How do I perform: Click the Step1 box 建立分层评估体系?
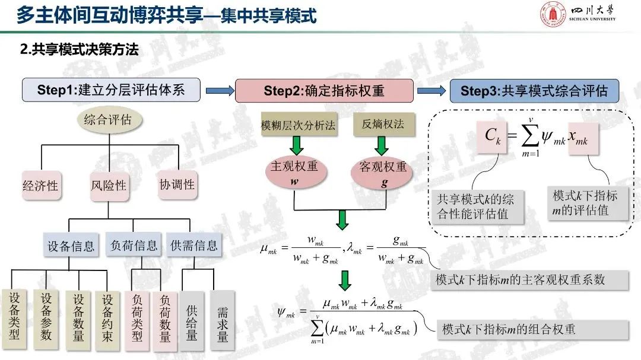(111, 90)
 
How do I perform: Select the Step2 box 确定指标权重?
(324, 91)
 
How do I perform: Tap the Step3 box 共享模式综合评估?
(534, 91)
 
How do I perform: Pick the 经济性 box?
(40, 185)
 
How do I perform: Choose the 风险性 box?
(109, 186)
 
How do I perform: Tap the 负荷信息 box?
(135, 245)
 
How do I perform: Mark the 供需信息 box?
(194, 245)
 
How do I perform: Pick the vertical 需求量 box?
(223, 323)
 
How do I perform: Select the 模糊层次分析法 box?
(299, 126)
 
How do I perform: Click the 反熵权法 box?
(383, 125)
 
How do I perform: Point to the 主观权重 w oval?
(294, 173)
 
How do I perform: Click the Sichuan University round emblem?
(553, 16)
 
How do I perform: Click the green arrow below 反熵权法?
(381, 146)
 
